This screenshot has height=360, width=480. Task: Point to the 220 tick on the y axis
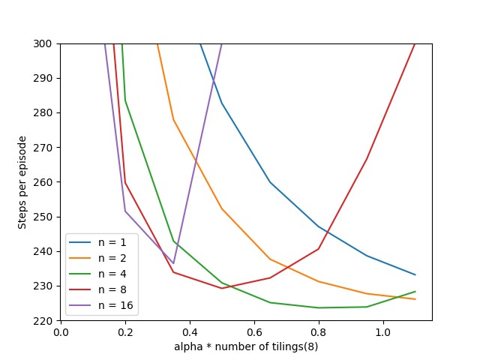tap(46, 320)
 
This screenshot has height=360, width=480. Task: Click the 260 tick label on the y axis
tap(46, 181)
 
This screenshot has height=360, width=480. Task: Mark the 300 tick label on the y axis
tap(46, 43)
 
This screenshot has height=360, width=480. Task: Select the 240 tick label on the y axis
tap(46, 251)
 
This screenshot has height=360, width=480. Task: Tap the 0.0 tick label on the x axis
tap(61, 331)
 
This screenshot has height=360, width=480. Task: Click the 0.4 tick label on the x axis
tap(190, 331)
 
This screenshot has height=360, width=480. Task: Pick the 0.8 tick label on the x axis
tap(319, 331)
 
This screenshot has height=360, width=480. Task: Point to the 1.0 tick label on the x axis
tap(383, 331)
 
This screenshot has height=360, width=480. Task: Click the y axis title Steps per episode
tap(23, 182)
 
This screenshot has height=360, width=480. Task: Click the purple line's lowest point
tap(173, 263)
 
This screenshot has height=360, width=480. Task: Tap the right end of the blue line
tap(415, 274)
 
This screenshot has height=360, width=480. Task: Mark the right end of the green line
tap(415, 291)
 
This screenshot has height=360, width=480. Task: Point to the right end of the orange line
tap(415, 299)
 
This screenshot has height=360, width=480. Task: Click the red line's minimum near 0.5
tap(221, 288)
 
